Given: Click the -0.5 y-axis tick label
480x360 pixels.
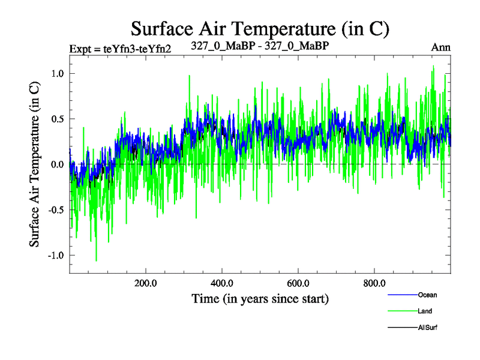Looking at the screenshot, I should (x=55, y=210).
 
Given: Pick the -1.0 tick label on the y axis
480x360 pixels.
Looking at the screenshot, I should (x=55, y=256).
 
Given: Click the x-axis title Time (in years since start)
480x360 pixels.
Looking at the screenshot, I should (x=260, y=298).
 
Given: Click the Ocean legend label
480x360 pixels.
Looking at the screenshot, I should (x=428, y=295).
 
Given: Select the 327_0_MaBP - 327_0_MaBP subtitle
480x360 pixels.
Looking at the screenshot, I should (x=259, y=46).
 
